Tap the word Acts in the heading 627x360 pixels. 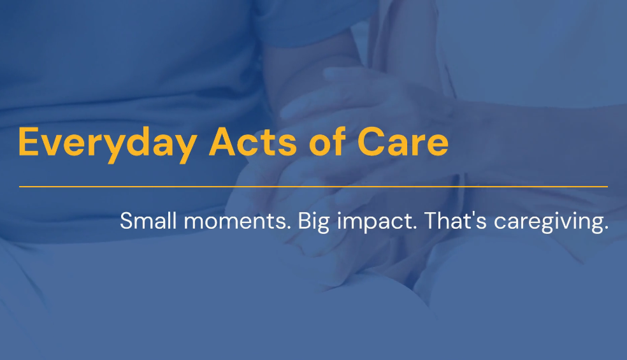point(253,141)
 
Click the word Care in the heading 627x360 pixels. point(403,141)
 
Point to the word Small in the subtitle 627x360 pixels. point(148,220)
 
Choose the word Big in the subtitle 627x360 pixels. point(313,222)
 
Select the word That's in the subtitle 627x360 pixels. point(455,220)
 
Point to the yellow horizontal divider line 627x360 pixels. point(313,187)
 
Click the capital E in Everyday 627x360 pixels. point(29,141)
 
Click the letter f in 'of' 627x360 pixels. point(339,141)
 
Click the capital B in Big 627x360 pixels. point(305,221)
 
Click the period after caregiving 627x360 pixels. point(606,228)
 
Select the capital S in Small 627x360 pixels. point(126,221)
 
